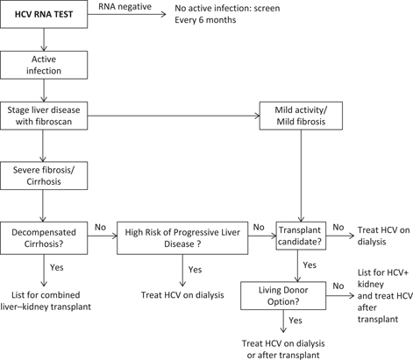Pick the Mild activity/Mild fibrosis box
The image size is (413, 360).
pos(299,116)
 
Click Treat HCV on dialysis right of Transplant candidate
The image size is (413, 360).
pos(381,236)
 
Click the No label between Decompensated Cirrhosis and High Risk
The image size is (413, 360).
pos(101,227)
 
